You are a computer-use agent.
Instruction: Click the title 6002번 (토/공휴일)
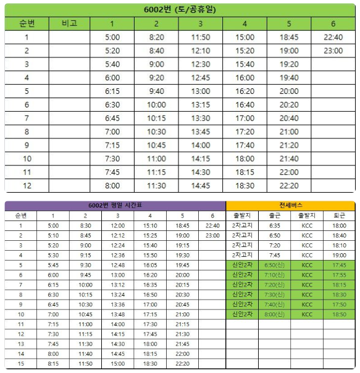(180, 10)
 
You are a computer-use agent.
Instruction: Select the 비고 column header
(69, 23)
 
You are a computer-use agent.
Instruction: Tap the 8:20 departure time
(156, 37)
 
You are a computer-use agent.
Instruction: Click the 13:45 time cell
(201, 132)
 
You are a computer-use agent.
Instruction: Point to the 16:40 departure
(245, 104)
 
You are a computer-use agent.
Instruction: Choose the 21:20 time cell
(289, 145)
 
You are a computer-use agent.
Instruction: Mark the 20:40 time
(289, 118)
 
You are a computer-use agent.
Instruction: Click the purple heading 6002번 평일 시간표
(115, 206)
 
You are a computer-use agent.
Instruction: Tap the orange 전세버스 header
(290, 206)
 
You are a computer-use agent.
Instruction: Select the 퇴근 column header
(339, 216)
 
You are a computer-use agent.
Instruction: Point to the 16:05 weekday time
(150, 265)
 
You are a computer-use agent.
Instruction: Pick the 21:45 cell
(183, 343)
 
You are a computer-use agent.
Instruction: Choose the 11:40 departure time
(85, 353)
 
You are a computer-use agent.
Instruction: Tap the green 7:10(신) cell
(274, 275)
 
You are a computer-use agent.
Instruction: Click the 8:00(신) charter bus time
(274, 314)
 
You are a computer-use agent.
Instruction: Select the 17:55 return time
(339, 275)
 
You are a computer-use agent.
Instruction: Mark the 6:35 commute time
(274, 225)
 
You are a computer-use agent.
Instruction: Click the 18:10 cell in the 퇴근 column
(339, 245)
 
